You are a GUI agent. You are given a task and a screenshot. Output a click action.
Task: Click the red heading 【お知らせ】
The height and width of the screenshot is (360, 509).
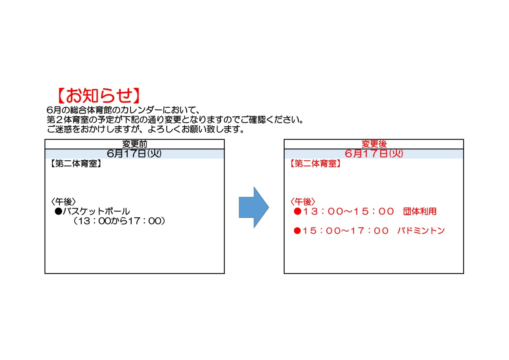coord(98,95)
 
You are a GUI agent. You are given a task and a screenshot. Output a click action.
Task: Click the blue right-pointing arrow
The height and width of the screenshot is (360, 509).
coord(254,207)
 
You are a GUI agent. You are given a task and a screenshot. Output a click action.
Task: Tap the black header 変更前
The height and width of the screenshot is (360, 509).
coord(134,144)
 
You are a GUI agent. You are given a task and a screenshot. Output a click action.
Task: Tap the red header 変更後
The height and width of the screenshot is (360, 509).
coord(374,144)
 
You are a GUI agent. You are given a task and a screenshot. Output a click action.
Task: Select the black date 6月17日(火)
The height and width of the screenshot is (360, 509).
coord(134,154)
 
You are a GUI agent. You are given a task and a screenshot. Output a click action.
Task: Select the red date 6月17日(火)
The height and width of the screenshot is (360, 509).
coord(374,154)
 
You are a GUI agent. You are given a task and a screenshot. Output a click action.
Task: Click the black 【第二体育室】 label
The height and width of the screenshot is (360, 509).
coord(76,163)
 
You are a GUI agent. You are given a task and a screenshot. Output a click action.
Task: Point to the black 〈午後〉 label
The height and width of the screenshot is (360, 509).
coord(63,201)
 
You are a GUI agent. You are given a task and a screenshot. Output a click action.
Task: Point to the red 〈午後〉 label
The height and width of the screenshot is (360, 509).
coord(303,201)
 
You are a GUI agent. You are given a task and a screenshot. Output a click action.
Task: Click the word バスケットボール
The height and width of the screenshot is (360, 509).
coord(96,211)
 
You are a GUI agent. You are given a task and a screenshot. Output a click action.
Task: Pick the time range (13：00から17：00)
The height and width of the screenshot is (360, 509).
coord(119,221)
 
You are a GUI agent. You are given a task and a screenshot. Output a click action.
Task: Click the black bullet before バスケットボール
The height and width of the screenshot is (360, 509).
coord(58,211)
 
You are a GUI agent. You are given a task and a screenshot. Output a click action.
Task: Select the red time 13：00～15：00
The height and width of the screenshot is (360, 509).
coord(348,211)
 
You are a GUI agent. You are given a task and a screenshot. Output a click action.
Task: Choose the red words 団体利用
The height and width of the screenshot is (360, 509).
coord(420,211)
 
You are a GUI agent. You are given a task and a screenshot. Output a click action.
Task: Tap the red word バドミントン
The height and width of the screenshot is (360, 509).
coord(421,231)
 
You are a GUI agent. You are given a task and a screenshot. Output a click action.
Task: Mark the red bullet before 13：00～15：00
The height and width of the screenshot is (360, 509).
coord(298,211)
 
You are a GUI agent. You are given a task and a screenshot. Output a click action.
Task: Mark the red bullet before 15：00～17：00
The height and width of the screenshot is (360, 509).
coord(298,231)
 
